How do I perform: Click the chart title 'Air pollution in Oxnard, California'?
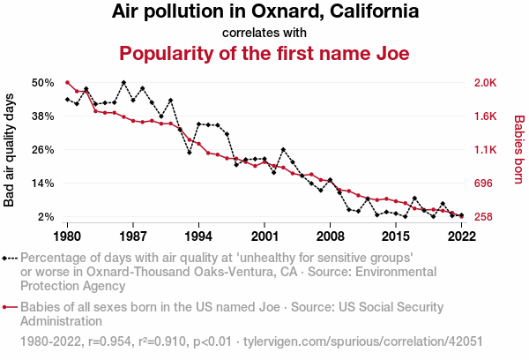[x=264, y=12]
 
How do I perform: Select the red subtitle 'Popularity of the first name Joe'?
[x=264, y=53]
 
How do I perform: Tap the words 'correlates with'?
[x=264, y=33]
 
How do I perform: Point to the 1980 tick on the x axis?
[x=67, y=236]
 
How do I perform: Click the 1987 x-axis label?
[x=133, y=236]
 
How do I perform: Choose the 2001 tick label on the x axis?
[x=264, y=236]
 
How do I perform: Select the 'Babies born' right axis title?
[x=519, y=150]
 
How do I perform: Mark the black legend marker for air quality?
[x=10, y=259]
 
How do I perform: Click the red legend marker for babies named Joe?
[x=10, y=308]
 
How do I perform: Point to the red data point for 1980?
[x=67, y=83]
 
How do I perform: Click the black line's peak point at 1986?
[x=123, y=83]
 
